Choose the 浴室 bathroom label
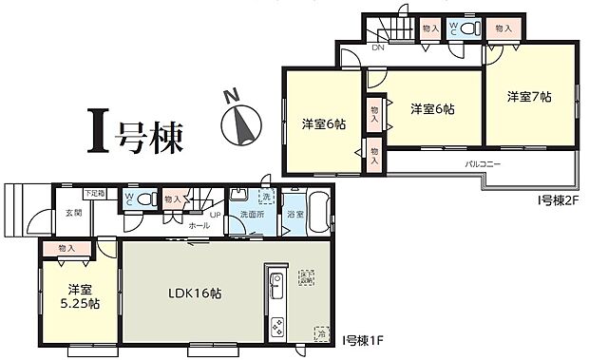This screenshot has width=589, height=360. (295, 214)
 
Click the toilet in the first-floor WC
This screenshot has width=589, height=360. (145, 200)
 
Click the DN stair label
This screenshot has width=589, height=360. (378, 47)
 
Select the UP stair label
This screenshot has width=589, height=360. (215, 215)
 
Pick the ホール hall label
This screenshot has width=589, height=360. (199, 226)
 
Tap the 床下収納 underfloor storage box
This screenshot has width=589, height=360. (307, 276)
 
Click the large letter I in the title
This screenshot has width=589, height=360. (97, 136)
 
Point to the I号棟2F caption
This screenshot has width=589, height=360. (556, 200)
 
